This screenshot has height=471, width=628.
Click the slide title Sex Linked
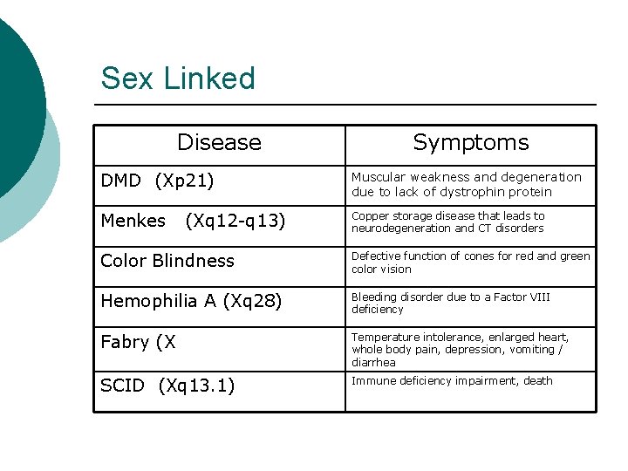[178, 78]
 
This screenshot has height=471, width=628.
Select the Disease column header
[219, 142]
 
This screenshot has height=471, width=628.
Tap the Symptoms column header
[470, 142]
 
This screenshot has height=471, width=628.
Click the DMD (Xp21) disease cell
[157, 181]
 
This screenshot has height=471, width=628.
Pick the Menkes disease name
[133, 221]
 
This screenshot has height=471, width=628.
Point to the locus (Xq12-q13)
[235, 221]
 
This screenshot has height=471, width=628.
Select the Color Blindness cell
[167, 261]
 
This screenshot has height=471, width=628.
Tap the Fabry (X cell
[138, 342]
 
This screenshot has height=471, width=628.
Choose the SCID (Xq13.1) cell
[167, 386]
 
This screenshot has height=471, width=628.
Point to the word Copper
[370, 215]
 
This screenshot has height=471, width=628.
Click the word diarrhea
[373, 362]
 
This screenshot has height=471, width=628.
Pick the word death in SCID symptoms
[537, 380]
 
